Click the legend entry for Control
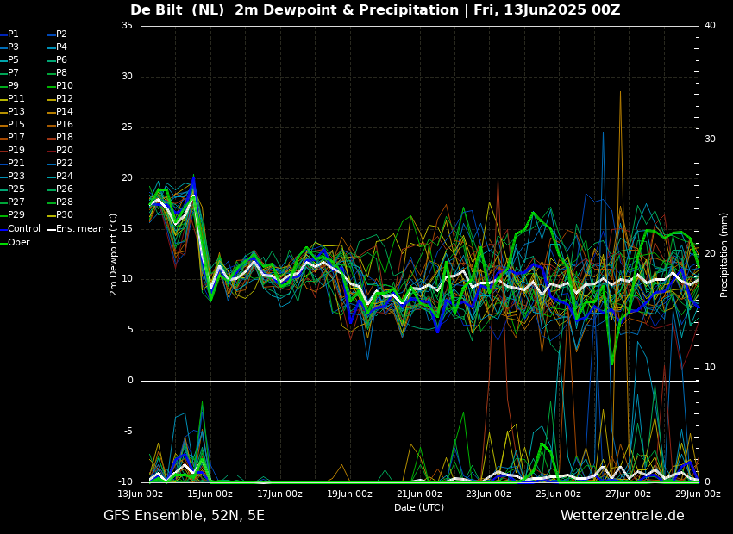click(x=21, y=229)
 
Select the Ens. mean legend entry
click(x=75, y=229)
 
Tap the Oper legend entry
click(x=15, y=242)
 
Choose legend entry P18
click(x=60, y=137)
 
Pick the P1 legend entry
click(x=9, y=34)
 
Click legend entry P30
click(x=60, y=214)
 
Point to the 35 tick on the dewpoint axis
click(x=127, y=25)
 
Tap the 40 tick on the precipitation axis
click(x=710, y=25)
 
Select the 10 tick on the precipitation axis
click(x=710, y=368)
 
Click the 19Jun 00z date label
click(x=349, y=494)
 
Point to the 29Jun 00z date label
click(x=698, y=494)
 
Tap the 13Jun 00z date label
click(x=141, y=494)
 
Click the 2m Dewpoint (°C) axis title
click(x=113, y=254)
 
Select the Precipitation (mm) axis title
click(x=724, y=254)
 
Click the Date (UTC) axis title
click(x=419, y=507)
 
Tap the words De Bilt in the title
click(x=157, y=9)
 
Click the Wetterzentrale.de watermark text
click(x=623, y=516)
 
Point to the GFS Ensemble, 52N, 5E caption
click(x=184, y=516)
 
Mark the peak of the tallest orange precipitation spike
click(x=620, y=91)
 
